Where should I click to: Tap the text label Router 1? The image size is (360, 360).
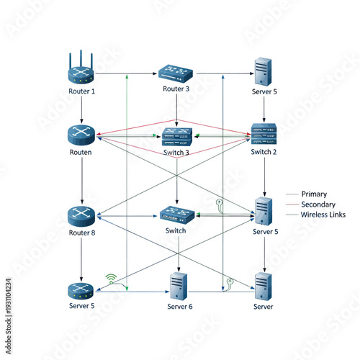[81, 91]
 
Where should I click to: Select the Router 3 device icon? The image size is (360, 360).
[177, 72]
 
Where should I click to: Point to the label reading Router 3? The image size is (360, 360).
[177, 89]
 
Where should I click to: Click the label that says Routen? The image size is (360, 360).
[81, 153]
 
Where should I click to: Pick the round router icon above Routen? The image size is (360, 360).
[81, 134]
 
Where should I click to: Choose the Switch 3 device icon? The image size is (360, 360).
[177, 136]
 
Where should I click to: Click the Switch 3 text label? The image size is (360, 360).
[177, 153]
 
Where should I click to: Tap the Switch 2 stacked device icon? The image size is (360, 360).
[264, 134]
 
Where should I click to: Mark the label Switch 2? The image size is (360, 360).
[264, 153]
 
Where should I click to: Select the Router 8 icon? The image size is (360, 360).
[81, 215]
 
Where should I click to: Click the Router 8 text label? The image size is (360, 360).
[81, 233]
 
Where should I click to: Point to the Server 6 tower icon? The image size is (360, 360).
[177, 287]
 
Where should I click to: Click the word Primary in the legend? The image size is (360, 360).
[314, 194]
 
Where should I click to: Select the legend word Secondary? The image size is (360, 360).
[318, 204]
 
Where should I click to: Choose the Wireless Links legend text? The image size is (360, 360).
[323, 215]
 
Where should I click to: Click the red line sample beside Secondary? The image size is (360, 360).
[292, 204]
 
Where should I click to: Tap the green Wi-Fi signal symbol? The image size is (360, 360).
[111, 276]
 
